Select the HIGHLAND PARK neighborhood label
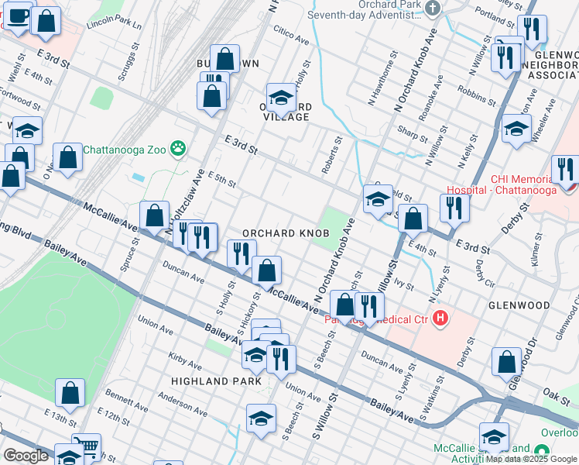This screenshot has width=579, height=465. (x=211, y=381)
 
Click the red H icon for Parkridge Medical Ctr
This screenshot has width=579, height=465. (x=440, y=318)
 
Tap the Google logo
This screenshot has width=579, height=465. (x=26, y=455)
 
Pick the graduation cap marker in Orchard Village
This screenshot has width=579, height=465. (x=282, y=97)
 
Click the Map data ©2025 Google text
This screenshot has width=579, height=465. (x=531, y=458)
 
